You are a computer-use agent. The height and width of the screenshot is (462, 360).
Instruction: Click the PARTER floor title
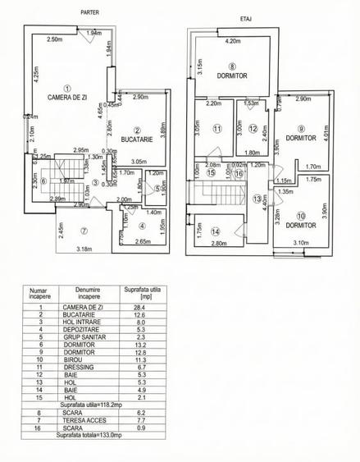(89, 12)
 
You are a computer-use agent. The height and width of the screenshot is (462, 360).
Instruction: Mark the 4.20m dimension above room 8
(232, 40)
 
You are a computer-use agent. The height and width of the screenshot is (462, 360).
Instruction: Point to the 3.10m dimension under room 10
(300, 243)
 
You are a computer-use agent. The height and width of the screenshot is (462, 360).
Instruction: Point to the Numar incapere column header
(39, 293)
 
